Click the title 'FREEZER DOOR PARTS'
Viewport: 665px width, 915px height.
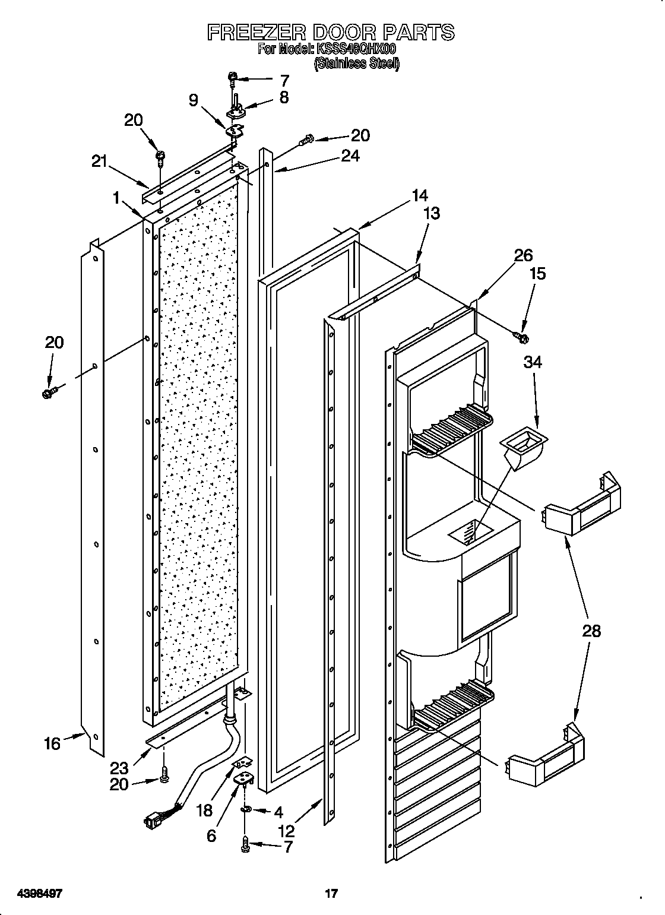(331, 32)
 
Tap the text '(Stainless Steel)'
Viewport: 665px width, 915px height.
(356, 64)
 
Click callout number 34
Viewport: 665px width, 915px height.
(533, 363)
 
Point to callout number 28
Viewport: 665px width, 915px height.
(591, 631)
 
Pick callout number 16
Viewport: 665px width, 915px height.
(52, 742)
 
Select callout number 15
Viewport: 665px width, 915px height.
(537, 274)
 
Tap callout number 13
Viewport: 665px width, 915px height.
(431, 213)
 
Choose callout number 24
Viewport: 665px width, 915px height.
(350, 156)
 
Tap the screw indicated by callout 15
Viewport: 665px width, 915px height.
(522, 338)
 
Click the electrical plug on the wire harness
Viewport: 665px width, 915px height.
(153, 821)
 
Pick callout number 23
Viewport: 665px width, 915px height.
(119, 767)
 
